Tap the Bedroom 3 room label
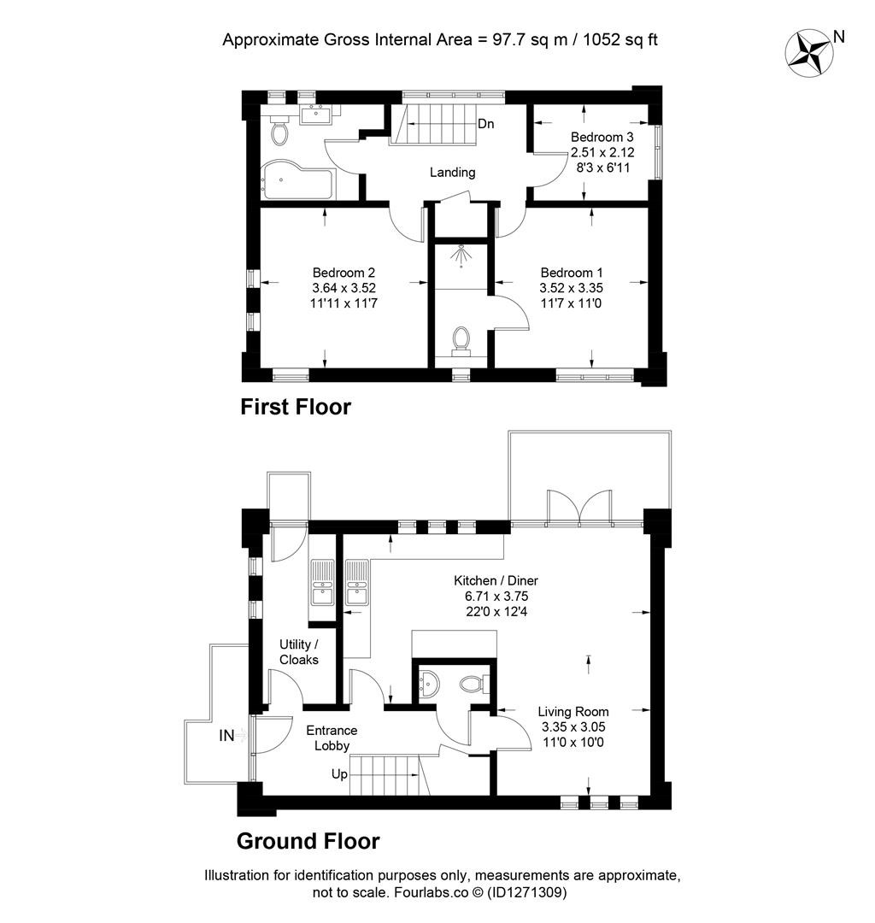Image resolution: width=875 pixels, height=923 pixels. click(x=602, y=138)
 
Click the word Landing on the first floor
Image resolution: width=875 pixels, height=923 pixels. click(x=452, y=173)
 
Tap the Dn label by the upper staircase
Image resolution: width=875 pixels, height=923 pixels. click(x=485, y=124)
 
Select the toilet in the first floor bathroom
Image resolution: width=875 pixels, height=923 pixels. click(x=279, y=132)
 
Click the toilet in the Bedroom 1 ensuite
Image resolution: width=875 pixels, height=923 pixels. click(x=461, y=339)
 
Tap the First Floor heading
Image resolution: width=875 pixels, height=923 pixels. click(x=296, y=407)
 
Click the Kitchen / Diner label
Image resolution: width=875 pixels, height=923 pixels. click(x=496, y=581)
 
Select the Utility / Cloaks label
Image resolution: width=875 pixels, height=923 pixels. click(x=298, y=652)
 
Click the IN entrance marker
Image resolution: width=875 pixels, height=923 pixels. click(x=226, y=734)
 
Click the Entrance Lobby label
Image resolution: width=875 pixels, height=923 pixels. click(x=332, y=738)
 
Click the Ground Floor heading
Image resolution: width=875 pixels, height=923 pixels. click(x=308, y=841)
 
